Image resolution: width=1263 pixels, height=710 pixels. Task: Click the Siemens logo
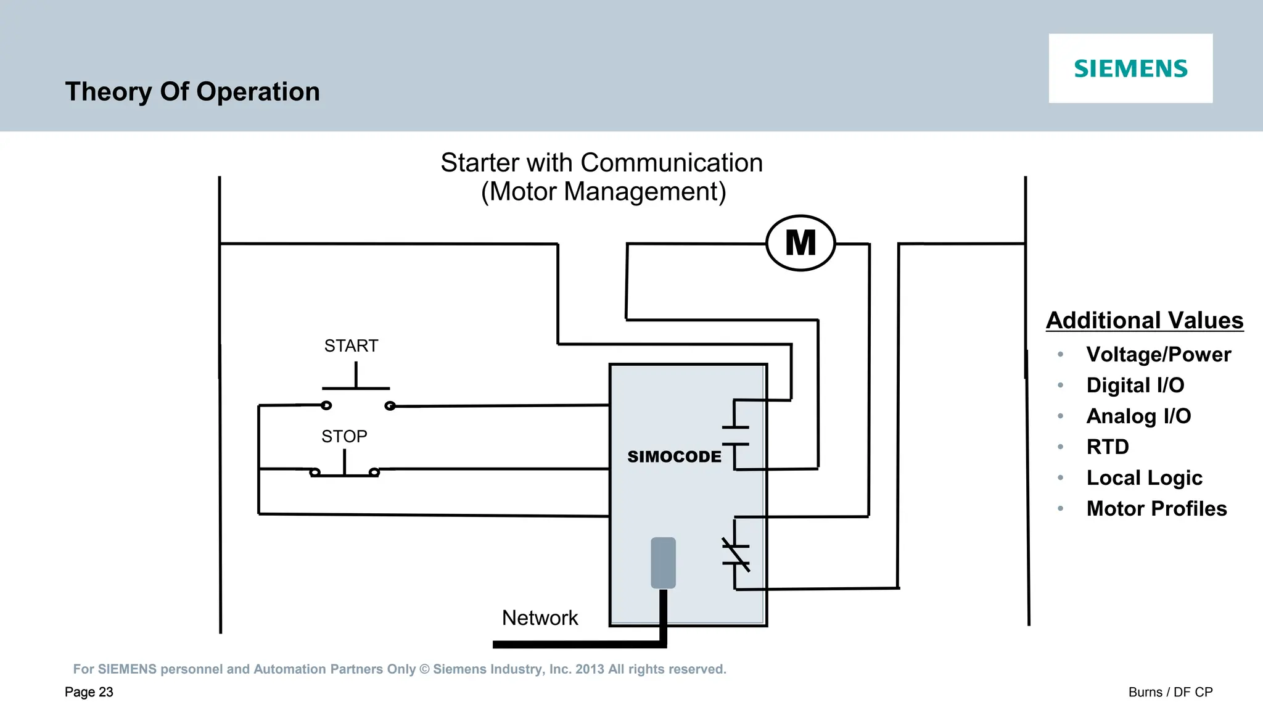(x=1130, y=68)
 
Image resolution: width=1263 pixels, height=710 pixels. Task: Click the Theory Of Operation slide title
(x=192, y=92)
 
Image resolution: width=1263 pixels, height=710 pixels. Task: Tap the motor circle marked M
(x=800, y=243)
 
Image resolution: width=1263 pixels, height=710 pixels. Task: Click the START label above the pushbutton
(x=351, y=346)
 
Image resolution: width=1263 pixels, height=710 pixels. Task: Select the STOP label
(x=344, y=437)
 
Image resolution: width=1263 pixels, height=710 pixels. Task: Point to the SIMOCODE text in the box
(x=674, y=457)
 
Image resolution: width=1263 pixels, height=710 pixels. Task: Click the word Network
(x=540, y=618)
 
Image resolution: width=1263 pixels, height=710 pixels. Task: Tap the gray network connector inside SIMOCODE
(x=663, y=563)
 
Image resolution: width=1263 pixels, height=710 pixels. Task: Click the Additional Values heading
(x=1145, y=321)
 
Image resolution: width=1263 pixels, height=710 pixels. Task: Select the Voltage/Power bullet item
(x=1158, y=355)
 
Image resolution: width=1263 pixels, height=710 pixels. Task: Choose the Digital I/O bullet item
(x=1135, y=386)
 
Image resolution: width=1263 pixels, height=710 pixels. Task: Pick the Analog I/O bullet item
(x=1138, y=416)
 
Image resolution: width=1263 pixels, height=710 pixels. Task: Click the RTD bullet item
(x=1108, y=447)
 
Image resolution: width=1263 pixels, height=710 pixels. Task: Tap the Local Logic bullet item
(x=1144, y=478)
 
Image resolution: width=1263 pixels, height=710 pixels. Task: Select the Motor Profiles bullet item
(x=1156, y=509)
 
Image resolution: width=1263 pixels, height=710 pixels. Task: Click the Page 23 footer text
(x=89, y=692)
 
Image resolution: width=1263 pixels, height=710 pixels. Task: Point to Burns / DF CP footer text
(x=1170, y=692)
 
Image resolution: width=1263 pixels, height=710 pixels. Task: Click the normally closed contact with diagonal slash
(x=736, y=555)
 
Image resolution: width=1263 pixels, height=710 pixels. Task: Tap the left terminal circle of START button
(x=326, y=405)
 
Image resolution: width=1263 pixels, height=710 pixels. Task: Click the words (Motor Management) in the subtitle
(x=603, y=192)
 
